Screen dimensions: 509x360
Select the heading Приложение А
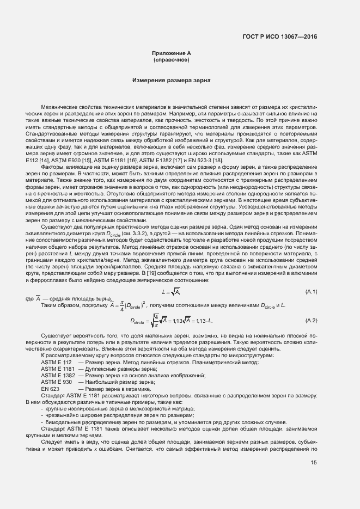171,53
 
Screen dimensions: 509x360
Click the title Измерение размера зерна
171,80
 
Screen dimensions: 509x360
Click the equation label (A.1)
312,292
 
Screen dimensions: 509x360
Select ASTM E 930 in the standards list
56,382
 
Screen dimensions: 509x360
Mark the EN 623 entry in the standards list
51,389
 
